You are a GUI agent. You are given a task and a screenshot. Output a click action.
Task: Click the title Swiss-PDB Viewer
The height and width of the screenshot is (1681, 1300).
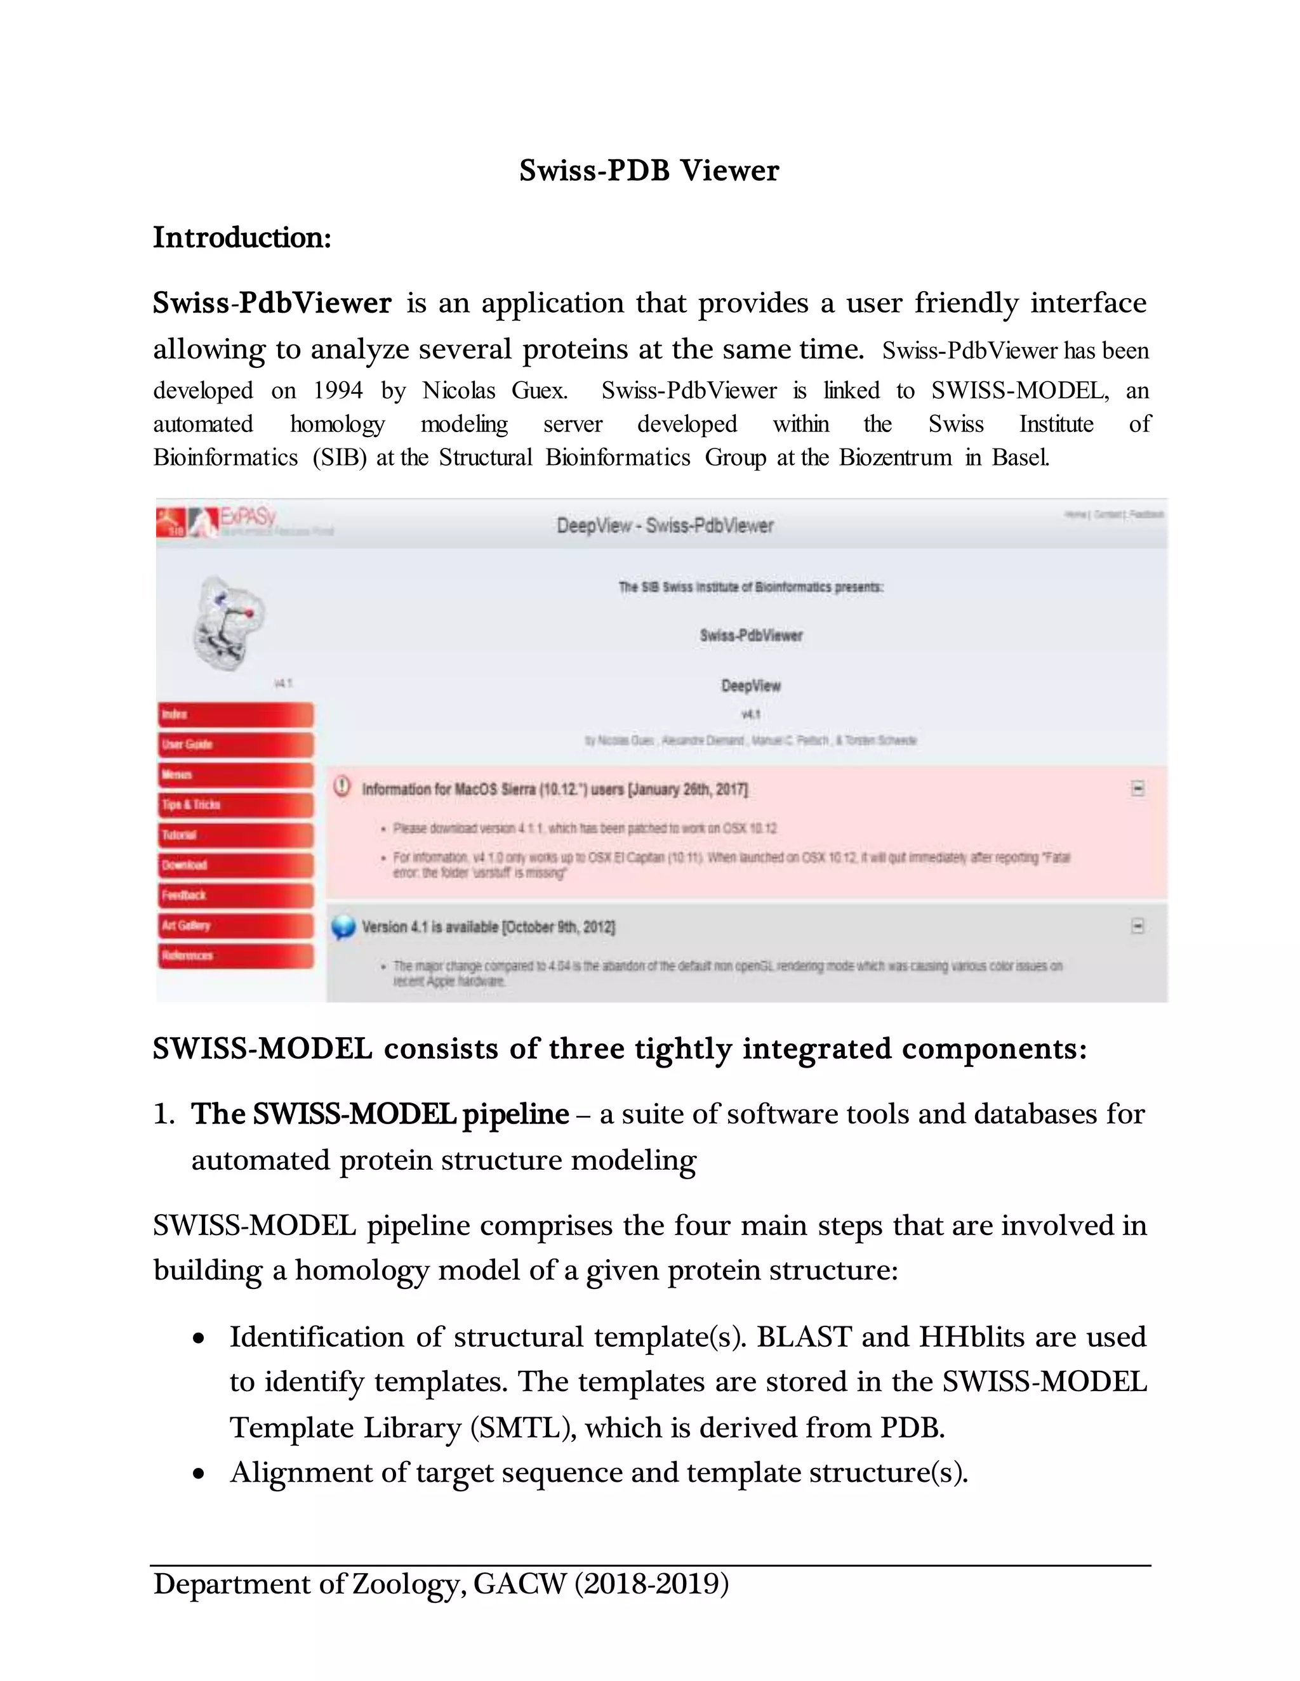(649, 170)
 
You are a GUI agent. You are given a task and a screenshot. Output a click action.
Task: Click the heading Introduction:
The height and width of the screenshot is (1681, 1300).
(242, 237)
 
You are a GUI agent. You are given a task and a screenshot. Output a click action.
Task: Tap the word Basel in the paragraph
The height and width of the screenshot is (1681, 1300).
(1019, 457)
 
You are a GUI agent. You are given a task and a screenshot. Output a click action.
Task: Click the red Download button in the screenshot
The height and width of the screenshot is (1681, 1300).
(235, 865)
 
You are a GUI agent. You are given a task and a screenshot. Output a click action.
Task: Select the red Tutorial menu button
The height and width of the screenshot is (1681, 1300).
(235, 835)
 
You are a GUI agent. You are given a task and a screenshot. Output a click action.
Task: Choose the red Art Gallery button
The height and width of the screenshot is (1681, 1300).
(235, 925)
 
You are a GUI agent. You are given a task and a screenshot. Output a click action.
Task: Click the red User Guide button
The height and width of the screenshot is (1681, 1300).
(235, 744)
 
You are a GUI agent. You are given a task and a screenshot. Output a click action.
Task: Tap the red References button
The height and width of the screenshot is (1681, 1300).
(235, 955)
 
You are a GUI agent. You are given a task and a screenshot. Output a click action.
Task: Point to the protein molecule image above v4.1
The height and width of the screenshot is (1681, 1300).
(228, 622)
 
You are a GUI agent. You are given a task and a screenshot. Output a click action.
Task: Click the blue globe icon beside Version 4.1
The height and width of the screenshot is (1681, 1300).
(343, 927)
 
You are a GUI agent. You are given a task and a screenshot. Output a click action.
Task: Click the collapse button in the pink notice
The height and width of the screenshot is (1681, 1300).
(1137, 788)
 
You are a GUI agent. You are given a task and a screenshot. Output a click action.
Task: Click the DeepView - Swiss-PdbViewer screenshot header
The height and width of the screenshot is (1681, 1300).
(665, 526)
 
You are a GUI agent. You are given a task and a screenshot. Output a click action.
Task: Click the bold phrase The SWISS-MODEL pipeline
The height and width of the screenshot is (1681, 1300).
(380, 1114)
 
